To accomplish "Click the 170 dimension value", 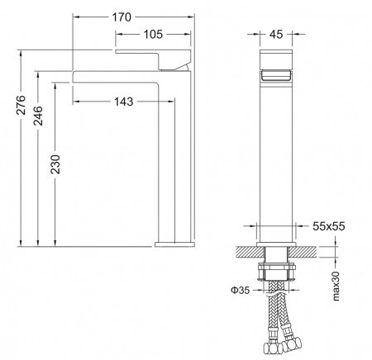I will coord(126,10).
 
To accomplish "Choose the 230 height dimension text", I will coord(56,168).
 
